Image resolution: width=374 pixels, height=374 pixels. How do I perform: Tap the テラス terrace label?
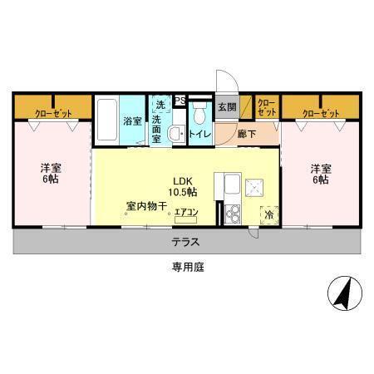point(186,242)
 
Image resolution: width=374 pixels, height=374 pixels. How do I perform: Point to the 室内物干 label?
point(146,205)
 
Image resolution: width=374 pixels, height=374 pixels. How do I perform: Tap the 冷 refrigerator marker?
point(269,214)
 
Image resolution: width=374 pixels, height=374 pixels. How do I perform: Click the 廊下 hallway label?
point(247,134)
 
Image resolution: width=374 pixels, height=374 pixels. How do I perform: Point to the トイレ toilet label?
point(199,134)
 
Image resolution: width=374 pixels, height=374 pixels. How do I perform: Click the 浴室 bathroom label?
point(132,121)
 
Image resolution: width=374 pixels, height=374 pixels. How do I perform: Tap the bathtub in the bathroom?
point(106,121)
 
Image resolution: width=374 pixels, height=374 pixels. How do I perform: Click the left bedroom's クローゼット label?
point(52,112)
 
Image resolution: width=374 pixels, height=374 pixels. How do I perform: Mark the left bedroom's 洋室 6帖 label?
point(51,174)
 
